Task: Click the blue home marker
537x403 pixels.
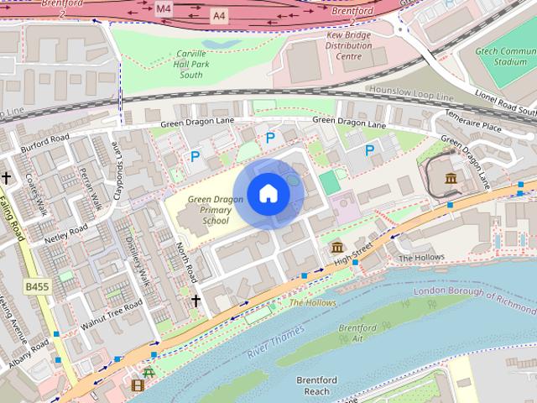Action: (268, 194)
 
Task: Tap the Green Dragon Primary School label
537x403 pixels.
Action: (209, 210)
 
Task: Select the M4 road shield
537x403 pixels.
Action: (163, 8)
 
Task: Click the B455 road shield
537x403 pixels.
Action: (37, 286)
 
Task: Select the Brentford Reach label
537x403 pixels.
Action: (317, 385)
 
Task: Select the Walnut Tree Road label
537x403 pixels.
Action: (102, 322)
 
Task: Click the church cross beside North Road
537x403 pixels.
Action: (196, 300)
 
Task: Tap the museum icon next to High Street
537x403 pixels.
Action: (337, 247)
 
